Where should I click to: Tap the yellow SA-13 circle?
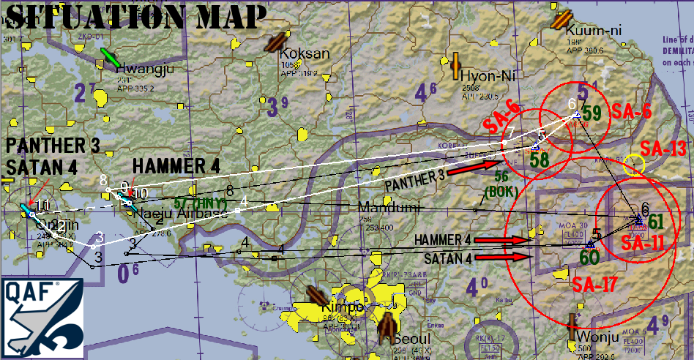[634, 165]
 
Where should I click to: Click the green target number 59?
[592, 113]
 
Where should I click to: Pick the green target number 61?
[655, 221]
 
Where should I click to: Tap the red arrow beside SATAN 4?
[512, 257]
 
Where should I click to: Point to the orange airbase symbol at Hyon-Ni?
[456, 66]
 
